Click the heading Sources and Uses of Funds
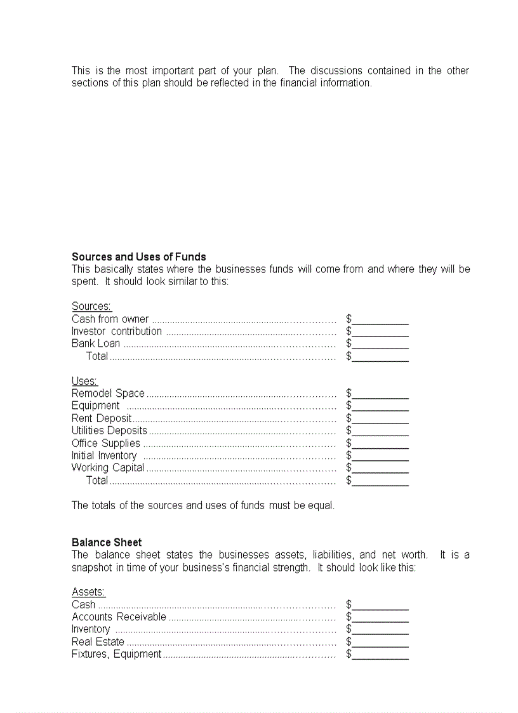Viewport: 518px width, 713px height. click(138, 257)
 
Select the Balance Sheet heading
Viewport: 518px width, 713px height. click(107, 543)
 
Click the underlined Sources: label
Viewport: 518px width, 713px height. click(91, 307)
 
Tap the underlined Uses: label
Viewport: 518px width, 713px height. click(84, 382)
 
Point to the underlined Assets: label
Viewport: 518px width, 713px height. click(88, 592)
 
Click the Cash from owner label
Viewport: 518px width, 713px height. click(110, 319)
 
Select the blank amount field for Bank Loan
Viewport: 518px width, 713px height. click(380, 344)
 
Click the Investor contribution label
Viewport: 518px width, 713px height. click(117, 331)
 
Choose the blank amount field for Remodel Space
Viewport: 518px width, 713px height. click(380, 394)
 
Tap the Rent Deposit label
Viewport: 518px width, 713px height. click(102, 418)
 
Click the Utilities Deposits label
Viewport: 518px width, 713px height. click(109, 431)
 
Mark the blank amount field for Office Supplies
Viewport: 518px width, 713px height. click(380, 443)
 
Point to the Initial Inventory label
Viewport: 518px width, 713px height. click(104, 456)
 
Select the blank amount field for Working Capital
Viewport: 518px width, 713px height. click(380, 468)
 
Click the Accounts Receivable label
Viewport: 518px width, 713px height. click(119, 617)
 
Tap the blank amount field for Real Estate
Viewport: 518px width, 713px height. click(380, 642)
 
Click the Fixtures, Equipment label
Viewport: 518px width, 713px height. click(116, 655)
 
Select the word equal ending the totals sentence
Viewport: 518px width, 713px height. click(321, 506)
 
